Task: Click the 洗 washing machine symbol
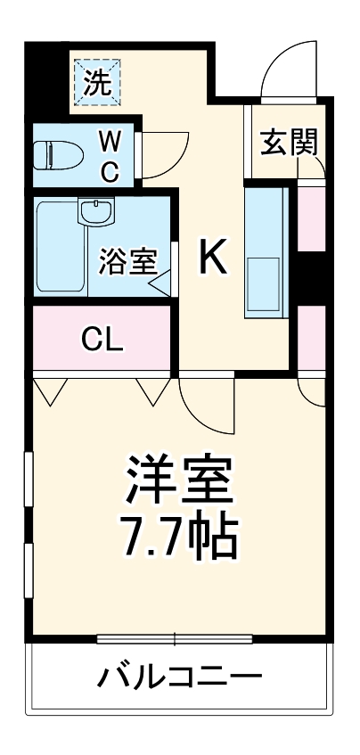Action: tap(97, 82)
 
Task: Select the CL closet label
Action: tap(101, 339)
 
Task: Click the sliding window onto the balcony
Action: tap(175, 638)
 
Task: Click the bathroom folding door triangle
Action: tap(161, 283)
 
